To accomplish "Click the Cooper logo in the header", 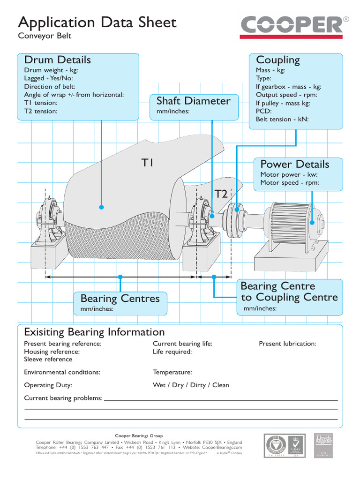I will (295, 26).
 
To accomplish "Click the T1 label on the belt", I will (148, 163).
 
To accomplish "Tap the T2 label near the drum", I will (221, 194).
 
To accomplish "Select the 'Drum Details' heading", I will (57, 60).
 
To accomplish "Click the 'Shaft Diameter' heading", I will (193, 101).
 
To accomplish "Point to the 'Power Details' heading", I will (294, 164).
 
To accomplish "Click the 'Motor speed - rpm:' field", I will (289, 183).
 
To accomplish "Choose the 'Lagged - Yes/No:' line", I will (48, 78).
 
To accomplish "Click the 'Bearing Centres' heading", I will (120, 299).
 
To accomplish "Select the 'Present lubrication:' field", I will (287, 344).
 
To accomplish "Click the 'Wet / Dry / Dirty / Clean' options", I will (191, 385).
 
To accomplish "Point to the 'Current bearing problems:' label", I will (63, 398).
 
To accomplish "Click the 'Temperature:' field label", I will (172, 372).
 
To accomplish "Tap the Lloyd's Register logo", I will (323, 446).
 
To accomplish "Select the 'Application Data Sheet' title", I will (97, 22).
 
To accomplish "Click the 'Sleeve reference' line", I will (48, 360).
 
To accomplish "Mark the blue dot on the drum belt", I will (101, 207).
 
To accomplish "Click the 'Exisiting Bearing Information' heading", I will (94, 332).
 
